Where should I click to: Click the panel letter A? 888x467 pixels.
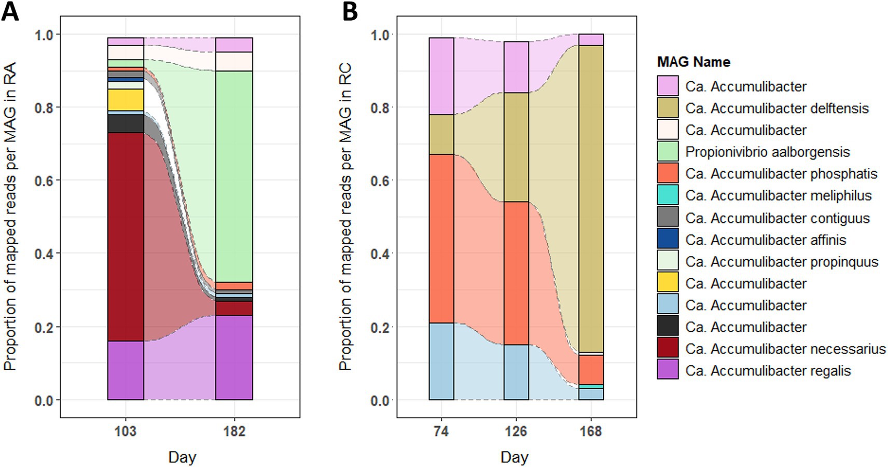[10, 11]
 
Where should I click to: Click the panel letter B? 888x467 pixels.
[350, 11]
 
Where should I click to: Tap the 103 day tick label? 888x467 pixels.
[126, 431]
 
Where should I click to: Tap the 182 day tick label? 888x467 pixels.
[234, 431]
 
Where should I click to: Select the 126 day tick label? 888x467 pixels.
[516, 431]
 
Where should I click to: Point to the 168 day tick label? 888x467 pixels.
[591, 431]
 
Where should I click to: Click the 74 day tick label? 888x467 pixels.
[441, 431]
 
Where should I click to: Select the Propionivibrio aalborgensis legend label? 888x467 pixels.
[767, 152]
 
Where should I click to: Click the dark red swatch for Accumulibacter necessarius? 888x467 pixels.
[668, 349]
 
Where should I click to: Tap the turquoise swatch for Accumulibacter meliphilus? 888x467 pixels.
[668, 195]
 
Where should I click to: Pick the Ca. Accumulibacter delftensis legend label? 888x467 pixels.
[776, 108]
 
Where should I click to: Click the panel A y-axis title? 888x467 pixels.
[10, 216]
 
